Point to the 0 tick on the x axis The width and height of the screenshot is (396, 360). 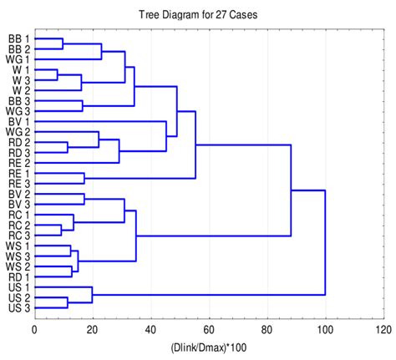[34, 328]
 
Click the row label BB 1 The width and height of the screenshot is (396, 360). [18, 39]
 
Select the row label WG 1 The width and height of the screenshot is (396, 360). [18, 60]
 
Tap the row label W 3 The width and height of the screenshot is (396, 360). [18, 80]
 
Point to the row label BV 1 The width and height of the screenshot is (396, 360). [18, 121]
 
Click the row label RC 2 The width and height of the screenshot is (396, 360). [18, 226]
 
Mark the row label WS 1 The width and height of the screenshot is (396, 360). [18, 246]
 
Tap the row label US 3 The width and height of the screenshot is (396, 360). [18, 308]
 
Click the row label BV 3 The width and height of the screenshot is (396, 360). [18, 204]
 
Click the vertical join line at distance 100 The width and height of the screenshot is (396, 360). [325, 242]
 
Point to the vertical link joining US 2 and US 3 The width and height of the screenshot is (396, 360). [68, 303]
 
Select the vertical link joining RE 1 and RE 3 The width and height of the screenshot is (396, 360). [84, 179]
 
